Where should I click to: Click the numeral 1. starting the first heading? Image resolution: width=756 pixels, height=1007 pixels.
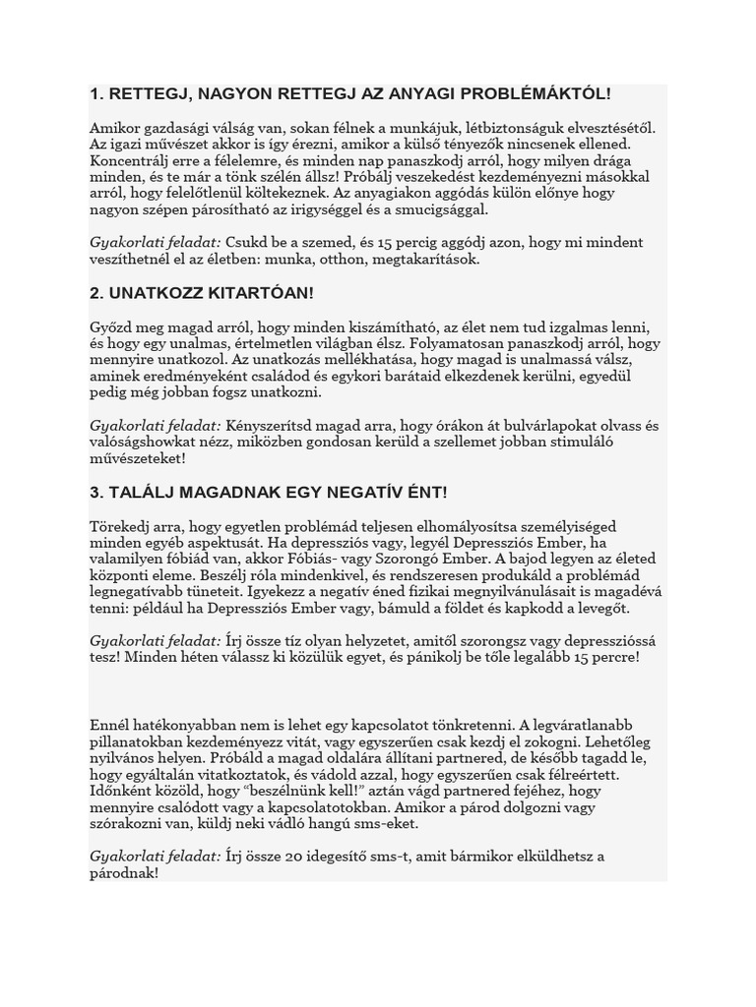[x=96, y=93]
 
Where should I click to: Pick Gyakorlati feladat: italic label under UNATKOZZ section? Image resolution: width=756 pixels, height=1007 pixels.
[x=156, y=426]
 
